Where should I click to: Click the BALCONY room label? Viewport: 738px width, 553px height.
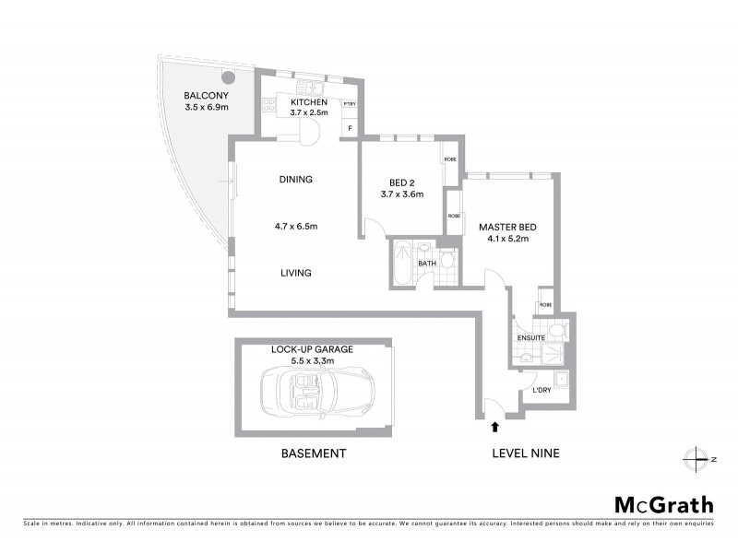[206, 95]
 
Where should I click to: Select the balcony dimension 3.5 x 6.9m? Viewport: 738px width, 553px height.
[206, 107]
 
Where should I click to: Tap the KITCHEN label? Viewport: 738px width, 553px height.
[309, 101]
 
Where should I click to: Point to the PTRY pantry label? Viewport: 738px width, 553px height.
[350, 104]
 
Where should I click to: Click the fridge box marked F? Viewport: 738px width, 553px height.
[350, 129]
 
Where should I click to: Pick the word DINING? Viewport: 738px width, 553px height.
[296, 180]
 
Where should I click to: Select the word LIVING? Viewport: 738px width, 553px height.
[296, 273]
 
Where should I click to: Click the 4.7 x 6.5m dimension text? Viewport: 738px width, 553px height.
[296, 226]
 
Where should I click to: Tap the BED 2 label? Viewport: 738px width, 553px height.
[401, 182]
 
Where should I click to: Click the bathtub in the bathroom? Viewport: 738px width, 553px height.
[404, 263]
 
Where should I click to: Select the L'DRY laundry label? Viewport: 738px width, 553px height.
[542, 391]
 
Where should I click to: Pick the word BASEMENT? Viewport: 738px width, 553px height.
[314, 453]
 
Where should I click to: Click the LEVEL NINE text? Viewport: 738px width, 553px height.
[525, 453]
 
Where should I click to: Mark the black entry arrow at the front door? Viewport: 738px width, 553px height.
[495, 427]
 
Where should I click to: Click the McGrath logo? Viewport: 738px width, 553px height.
[663, 504]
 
